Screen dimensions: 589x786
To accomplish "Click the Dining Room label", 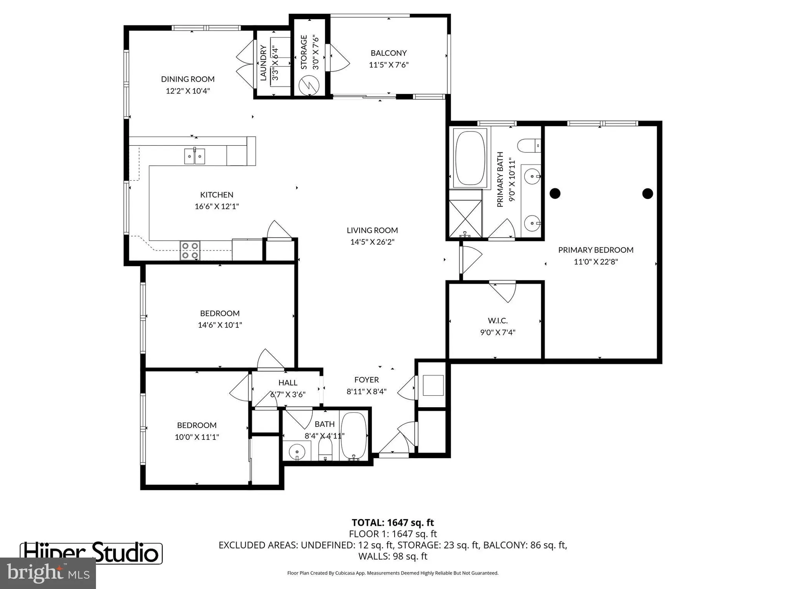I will click(187, 79).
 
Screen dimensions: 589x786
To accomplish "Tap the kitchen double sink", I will click(195, 157).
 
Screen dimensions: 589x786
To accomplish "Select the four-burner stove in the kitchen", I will click(190, 251).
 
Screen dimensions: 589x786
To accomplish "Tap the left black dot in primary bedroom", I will click(555, 193).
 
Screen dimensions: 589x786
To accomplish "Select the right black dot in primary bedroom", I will click(647, 193).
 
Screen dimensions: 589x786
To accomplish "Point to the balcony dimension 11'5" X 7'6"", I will click(388, 65).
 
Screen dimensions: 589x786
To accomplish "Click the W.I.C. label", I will click(498, 321).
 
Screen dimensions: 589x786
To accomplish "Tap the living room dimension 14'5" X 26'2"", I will click(372, 242).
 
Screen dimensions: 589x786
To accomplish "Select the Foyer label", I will click(366, 380).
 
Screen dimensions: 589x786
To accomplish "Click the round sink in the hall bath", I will click(297, 451).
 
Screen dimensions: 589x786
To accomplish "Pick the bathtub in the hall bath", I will click(354, 435).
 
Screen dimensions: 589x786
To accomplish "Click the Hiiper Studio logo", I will click(91, 553).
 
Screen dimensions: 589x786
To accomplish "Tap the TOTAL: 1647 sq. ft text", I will click(393, 523).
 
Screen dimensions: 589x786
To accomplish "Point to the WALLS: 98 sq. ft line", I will click(393, 556).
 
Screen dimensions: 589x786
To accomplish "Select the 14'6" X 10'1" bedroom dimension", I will click(220, 325).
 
